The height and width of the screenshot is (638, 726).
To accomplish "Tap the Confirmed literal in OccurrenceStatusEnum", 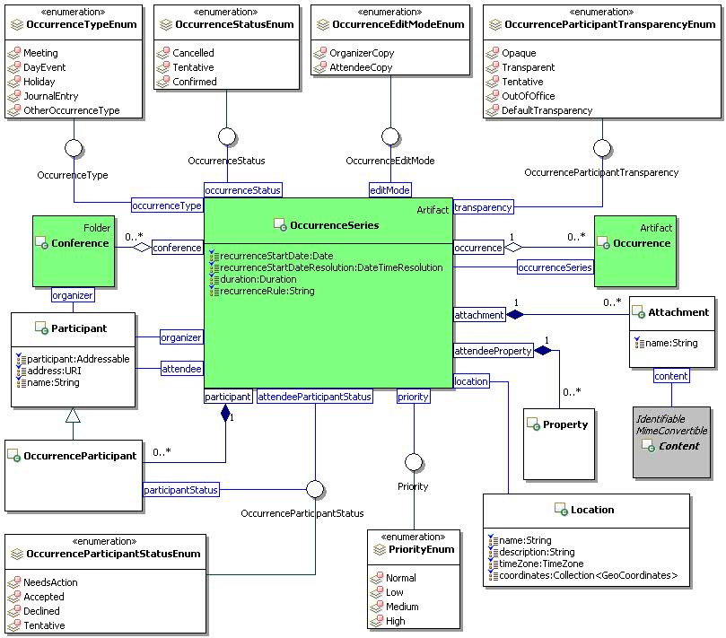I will click(x=194, y=82).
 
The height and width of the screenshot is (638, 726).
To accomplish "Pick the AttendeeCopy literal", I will click(x=361, y=67).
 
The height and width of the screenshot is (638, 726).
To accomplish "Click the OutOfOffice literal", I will click(x=528, y=96).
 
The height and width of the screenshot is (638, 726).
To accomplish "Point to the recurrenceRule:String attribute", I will click(x=267, y=291).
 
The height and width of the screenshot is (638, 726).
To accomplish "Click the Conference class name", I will click(x=79, y=243).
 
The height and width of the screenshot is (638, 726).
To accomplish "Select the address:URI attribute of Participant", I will click(x=51, y=371).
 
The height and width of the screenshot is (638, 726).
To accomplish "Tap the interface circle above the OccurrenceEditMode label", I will click(x=389, y=137).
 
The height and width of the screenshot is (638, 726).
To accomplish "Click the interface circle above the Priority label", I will click(x=413, y=461).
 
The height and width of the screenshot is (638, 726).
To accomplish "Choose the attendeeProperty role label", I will click(x=494, y=351).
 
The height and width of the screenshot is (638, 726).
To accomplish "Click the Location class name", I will click(x=592, y=510).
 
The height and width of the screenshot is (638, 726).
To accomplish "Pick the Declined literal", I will click(x=44, y=611).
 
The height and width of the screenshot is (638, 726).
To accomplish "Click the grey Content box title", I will click(x=678, y=446).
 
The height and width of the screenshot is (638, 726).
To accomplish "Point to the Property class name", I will click(x=565, y=424).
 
